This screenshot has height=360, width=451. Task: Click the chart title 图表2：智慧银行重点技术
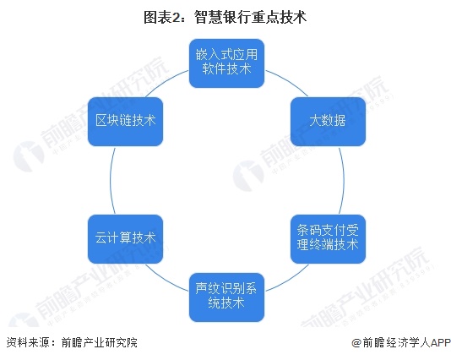pos(225,17)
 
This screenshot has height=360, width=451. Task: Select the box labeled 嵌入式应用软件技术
pos(226,63)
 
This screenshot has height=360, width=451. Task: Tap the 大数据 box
pos(328,122)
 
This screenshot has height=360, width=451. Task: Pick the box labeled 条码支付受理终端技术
pos(328,239)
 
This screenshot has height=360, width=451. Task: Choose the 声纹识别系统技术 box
pos(226,297)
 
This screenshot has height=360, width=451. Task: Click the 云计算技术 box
pos(125,239)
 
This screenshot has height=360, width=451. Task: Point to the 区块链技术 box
pos(125,122)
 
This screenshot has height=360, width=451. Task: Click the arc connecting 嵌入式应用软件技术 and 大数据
pos(289,81)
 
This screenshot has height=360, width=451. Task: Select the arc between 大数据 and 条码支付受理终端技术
pos(344,181)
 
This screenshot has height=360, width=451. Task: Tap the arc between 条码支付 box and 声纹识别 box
pos(289,280)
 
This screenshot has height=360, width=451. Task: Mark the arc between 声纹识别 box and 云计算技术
pos(165,280)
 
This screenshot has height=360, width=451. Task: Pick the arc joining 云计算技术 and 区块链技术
pos(110,181)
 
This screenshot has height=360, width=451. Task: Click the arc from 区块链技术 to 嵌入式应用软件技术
pos(165,81)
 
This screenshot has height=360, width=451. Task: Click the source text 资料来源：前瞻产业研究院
pos(72,343)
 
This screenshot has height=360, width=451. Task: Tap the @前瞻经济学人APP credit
pos(401,343)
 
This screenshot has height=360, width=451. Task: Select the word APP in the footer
pos(440,343)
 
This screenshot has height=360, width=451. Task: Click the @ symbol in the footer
pos(357,343)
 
